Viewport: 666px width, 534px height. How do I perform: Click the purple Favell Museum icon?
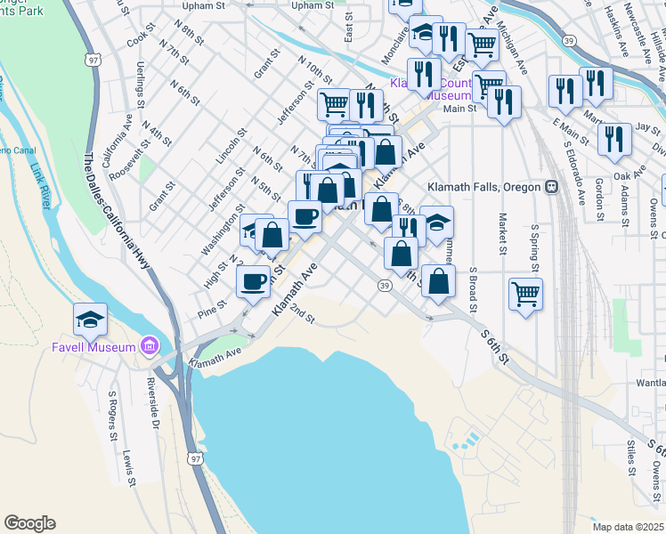pyautogui.click(x=149, y=345)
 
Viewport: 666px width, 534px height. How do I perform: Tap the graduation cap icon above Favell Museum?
pyautogui.click(x=90, y=319)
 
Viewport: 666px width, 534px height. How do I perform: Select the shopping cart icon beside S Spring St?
pyautogui.click(x=526, y=293)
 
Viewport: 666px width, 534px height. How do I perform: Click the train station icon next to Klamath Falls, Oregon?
pyautogui.click(x=552, y=187)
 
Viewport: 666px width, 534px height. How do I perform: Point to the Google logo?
pyautogui.click(x=29, y=523)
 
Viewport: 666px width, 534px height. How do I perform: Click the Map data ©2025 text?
pyautogui.click(x=628, y=527)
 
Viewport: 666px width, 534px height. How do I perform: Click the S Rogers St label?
pyautogui.click(x=113, y=416)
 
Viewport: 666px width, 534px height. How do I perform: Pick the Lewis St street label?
pyautogui.click(x=130, y=467)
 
